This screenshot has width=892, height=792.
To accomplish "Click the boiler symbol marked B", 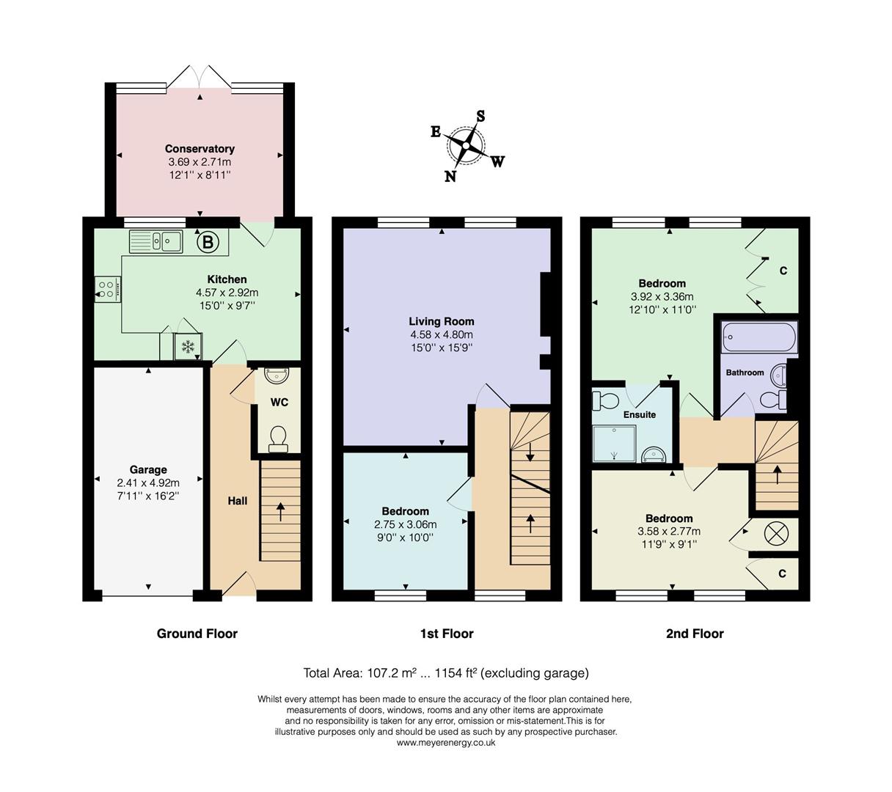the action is (208, 242).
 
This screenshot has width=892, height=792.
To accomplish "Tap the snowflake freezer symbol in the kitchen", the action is (188, 346).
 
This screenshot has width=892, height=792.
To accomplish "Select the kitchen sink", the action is (156, 241).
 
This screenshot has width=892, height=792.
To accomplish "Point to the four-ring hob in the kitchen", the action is (107, 289).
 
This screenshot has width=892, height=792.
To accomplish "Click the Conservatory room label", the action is (200, 149).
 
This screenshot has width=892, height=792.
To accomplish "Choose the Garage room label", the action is (148, 470).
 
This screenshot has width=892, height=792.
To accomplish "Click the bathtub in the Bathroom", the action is (758, 337).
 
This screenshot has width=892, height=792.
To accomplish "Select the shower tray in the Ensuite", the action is (614, 444).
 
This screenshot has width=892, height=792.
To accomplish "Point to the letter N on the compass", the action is (450, 176).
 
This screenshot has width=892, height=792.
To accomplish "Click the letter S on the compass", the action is (480, 116).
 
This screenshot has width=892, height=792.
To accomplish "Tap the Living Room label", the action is (442, 321).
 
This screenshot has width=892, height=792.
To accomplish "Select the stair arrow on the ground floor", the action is (280, 513).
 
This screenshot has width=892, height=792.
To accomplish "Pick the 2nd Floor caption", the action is (695, 634).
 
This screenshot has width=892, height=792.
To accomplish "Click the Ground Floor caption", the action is (197, 634).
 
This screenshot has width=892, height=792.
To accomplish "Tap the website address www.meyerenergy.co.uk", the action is (446, 743).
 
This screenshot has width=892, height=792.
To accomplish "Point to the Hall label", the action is (238, 501).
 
